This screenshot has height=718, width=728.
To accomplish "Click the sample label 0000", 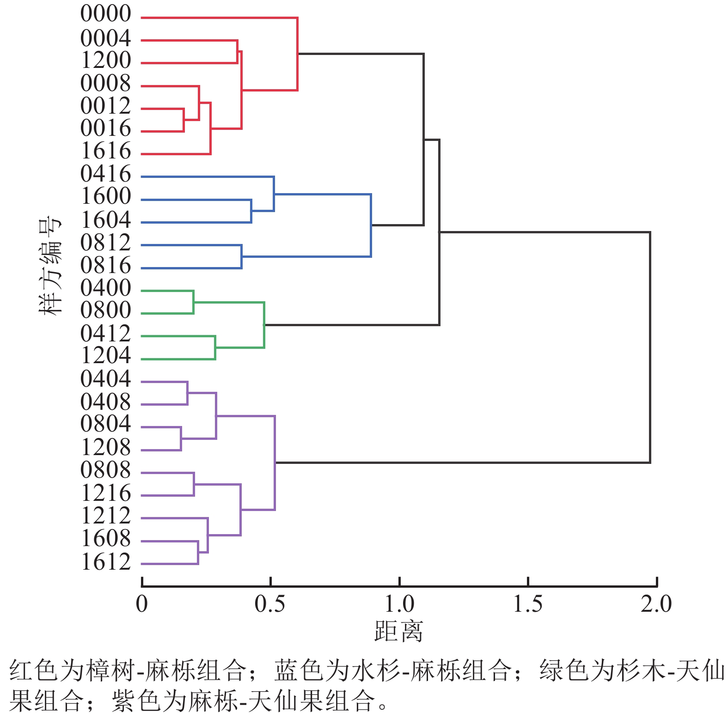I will (x=105, y=14).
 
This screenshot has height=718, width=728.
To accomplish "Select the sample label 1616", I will (x=105, y=151).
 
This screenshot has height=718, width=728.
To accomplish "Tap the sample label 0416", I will (x=105, y=174).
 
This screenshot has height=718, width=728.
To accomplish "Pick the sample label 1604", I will (x=105, y=220).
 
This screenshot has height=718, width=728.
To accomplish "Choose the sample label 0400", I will (x=105, y=288).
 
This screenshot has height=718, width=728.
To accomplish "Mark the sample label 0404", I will (x=105, y=379).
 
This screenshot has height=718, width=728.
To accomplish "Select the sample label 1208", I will (x=105, y=447).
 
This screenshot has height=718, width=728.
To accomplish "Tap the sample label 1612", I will (x=105, y=562).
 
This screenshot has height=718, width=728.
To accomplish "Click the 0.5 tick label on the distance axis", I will (x=270, y=604).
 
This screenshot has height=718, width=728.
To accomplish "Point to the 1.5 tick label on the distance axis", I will (x=528, y=604).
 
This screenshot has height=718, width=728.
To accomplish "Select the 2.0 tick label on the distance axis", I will (x=656, y=604).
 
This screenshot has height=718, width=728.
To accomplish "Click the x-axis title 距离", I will (x=398, y=632).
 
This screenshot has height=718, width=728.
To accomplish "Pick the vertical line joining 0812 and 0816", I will (x=242, y=256).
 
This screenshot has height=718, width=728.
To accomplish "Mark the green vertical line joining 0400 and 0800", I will (x=194, y=302).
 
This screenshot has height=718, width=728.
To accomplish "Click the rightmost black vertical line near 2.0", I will (x=650, y=347).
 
